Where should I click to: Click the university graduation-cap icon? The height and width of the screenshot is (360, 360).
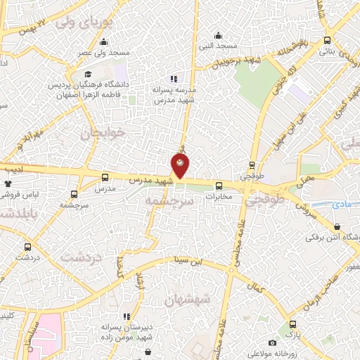pos(88,74)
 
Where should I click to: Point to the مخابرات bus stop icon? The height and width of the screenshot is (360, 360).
pos(219,186)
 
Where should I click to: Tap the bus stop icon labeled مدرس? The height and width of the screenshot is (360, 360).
pos(105,178)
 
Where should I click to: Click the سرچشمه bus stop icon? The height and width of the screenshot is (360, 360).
pos(75,193)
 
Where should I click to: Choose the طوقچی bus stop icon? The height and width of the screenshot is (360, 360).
pos(252,167)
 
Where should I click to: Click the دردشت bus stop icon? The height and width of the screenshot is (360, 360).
pos(27,247)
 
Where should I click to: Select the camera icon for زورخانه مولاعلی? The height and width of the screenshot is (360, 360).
pos(272,342)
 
